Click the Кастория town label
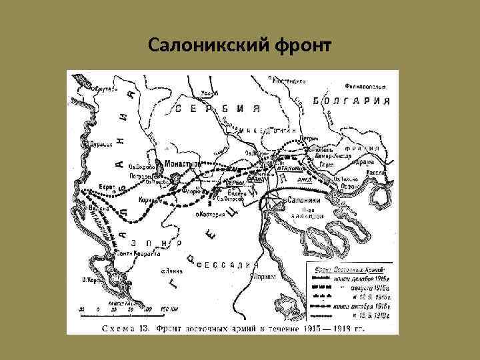(x=211, y=215)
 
